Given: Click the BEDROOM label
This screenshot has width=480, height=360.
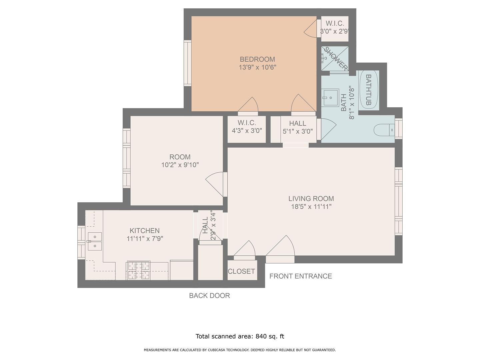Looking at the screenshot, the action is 257,59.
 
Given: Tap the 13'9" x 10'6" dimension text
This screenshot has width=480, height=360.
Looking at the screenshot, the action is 257,67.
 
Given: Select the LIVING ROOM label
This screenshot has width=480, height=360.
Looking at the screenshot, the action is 311,198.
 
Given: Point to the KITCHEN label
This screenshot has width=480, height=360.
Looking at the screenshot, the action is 145,230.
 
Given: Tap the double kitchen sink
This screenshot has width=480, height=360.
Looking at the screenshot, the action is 95,241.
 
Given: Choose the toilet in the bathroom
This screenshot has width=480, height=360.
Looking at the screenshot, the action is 384,130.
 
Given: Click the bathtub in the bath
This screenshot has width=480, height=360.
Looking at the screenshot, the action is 369,90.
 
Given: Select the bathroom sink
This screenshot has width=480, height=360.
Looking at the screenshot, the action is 330,97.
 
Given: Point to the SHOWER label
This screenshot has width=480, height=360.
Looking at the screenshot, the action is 335,59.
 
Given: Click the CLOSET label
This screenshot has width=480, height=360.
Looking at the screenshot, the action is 241,271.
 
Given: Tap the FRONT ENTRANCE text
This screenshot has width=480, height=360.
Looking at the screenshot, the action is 300,276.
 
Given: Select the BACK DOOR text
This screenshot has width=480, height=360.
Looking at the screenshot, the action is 209,296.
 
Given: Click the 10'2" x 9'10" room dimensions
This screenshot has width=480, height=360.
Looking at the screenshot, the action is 180,165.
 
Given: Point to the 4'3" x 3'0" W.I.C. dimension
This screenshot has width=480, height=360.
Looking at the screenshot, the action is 247,130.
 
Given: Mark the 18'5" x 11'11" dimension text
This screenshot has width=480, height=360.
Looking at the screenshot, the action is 311,206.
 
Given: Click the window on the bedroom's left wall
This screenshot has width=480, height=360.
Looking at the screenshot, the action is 187,63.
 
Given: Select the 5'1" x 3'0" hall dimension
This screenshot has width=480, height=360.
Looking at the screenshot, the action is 298,131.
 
